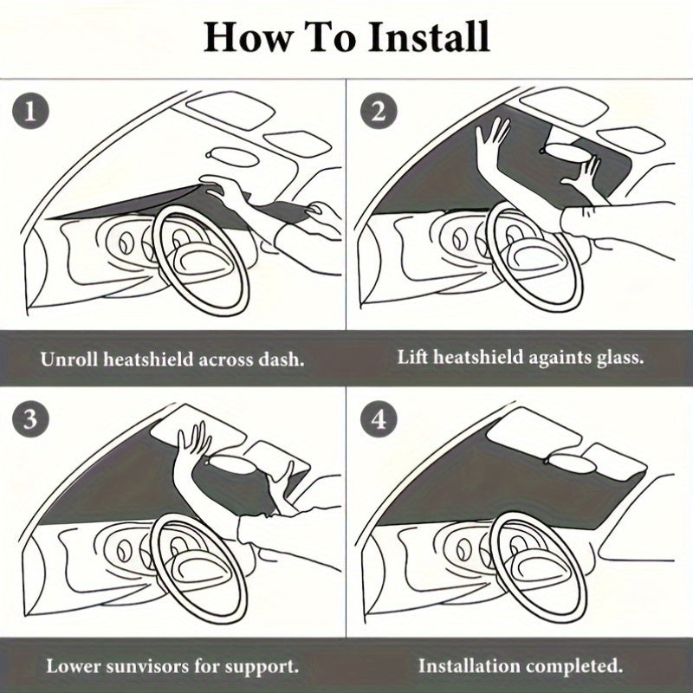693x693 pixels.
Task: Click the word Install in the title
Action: coord(429,37)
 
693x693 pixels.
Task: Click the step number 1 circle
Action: coord(30,111)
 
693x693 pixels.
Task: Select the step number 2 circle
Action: coord(379,111)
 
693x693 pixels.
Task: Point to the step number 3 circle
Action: coord(30,418)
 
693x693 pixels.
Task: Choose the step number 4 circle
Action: coord(379,418)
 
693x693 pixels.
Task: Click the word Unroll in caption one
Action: coord(69,359)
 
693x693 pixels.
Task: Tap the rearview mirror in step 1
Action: coord(231,157)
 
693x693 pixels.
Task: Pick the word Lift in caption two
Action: coord(412,357)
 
